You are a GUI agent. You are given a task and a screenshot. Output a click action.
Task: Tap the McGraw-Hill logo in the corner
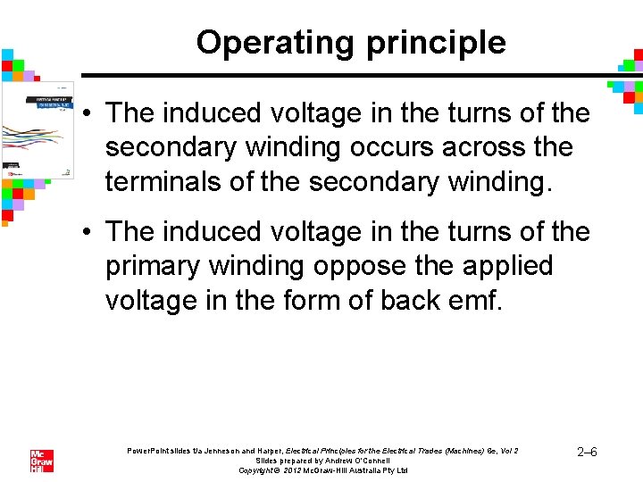coord(42,461)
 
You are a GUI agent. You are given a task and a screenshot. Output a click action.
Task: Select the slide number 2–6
coord(587,452)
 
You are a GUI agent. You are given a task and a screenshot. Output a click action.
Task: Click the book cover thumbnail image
coord(38,129)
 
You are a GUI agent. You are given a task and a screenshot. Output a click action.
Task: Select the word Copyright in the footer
coord(259,470)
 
